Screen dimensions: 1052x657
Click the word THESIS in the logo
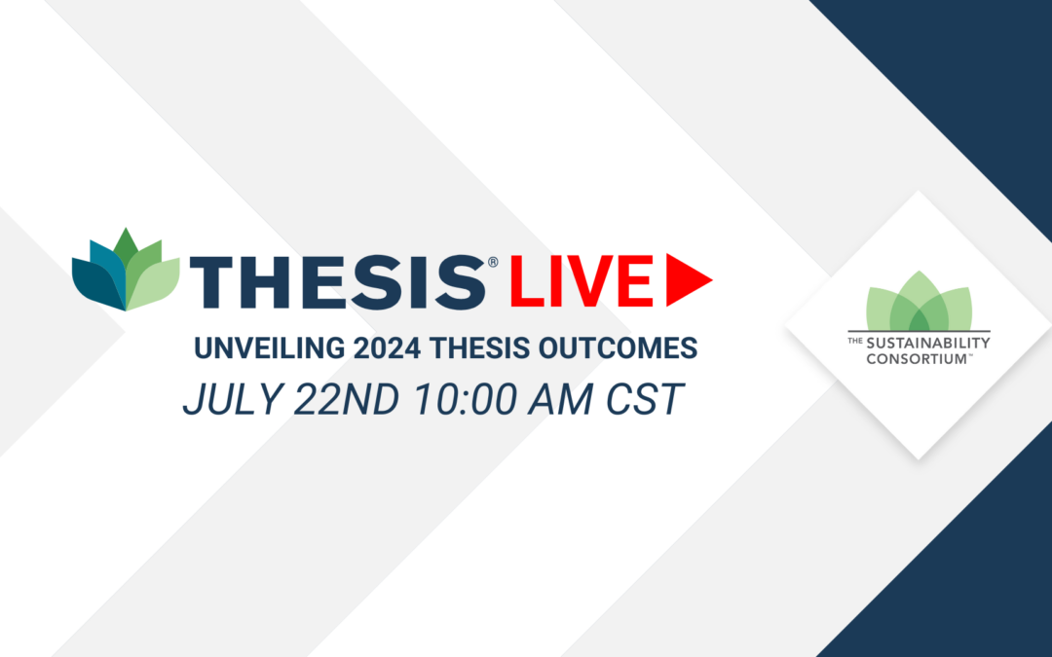point(338,282)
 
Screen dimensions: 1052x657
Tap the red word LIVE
point(582,281)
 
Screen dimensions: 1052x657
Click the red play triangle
point(689,280)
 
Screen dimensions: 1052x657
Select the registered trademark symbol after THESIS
point(493,262)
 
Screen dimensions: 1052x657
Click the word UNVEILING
point(269,347)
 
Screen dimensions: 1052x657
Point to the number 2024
point(387,347)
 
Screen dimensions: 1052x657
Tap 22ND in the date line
point(346,400)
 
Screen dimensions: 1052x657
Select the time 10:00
point(465,400)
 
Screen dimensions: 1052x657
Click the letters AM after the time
point(560,400)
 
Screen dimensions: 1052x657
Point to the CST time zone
point(645,400)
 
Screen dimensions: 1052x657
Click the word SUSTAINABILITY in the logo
point(928,344)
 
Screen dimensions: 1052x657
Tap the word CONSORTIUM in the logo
point(916,358)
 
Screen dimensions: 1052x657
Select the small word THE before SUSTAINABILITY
point(855,341)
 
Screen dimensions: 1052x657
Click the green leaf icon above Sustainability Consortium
point(920,301)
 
